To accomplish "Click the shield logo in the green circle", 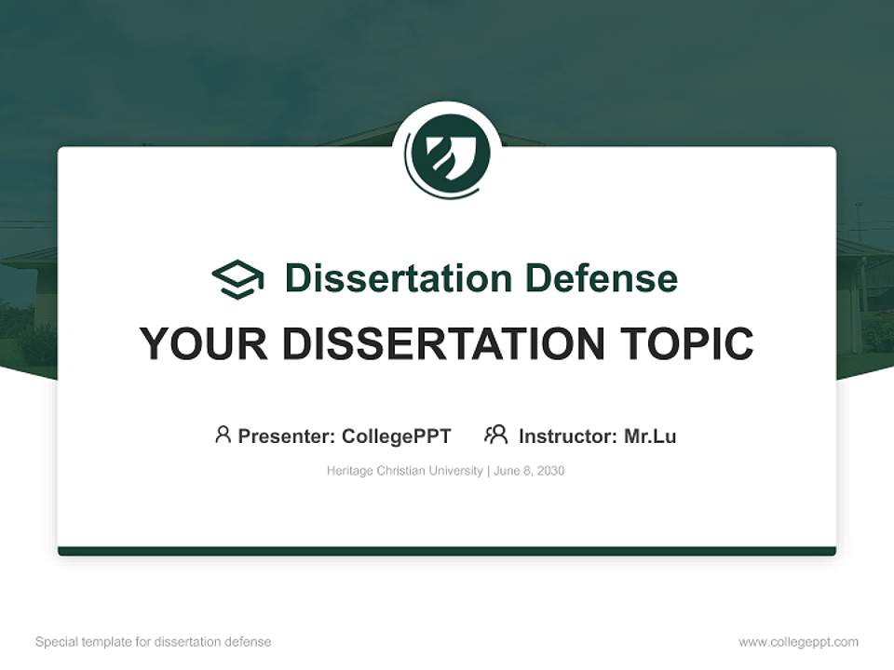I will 447,151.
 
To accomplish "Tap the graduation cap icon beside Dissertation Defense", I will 237,278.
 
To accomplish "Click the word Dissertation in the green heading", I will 399,278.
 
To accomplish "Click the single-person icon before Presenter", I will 223,435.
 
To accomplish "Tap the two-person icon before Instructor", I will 495,435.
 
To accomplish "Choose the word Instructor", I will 566,436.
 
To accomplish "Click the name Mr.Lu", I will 650,436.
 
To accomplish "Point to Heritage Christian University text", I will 404,471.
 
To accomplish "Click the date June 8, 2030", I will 529,471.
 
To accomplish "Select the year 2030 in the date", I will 550,471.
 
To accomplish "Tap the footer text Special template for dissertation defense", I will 153,642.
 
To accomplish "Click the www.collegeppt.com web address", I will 798,642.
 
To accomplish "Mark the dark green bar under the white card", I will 447,551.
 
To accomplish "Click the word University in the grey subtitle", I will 455,471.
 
